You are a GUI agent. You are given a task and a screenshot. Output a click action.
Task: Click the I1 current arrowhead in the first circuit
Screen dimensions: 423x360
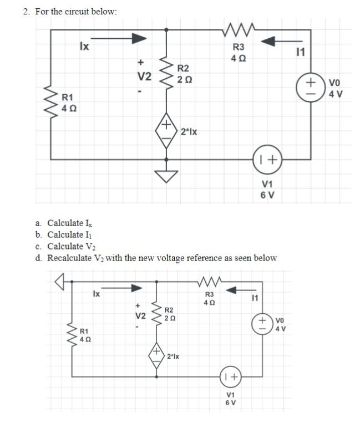[269, 40]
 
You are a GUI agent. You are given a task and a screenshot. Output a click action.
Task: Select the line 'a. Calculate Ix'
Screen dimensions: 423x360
[64, 223]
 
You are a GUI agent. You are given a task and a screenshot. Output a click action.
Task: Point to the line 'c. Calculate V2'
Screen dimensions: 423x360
[65, 246]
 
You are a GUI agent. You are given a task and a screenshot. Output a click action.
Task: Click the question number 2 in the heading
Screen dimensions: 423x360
[26, 11]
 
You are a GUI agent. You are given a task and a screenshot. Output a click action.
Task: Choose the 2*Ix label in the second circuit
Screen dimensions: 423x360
[173, 355]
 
